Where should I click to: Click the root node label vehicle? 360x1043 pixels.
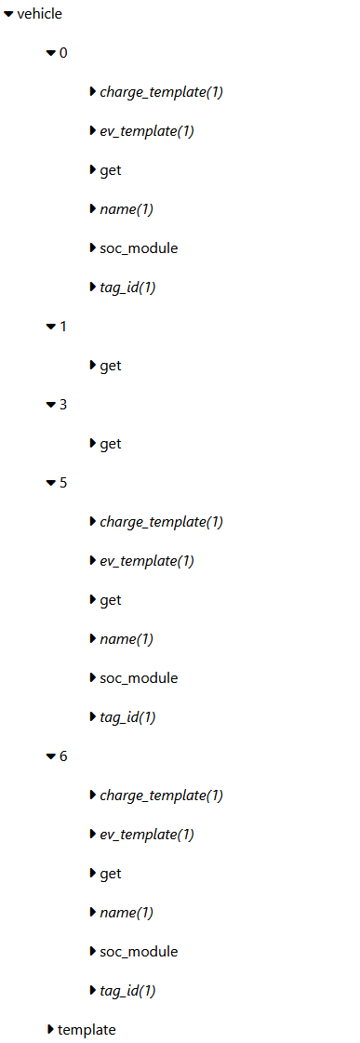tap(39, 14)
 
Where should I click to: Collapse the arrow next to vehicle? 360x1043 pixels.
tap(9, 14)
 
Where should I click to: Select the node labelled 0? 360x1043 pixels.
tap(63, 53)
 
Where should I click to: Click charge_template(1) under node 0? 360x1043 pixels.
tap(161, 92)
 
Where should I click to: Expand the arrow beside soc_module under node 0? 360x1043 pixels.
tap(93, 248)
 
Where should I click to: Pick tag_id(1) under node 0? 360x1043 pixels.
tap(127, 287)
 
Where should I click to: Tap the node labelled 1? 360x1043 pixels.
tap(63, 327)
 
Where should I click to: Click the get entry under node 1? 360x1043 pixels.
tap(111, 366)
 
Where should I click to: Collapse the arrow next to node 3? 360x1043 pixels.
tap(51, 405)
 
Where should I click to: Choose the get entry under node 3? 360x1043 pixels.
tap(111, 444)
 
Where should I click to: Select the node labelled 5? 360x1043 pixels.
tap(63, 483)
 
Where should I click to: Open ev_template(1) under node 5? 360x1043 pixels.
tap(147, 561)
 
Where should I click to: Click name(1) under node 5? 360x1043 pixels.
tap(127, 639)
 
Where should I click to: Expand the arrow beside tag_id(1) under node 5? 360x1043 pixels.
tap(93, 717)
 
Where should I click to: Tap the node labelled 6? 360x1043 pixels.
tap(63, 756)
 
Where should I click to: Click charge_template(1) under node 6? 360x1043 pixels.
tap(161, 796)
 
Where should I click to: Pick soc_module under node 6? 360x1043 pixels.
tap(139, 952)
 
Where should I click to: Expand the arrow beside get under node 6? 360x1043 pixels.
tap(93, 874)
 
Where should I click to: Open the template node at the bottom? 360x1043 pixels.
tap(87, 1030)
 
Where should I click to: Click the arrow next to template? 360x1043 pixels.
tap(50, 1030)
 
